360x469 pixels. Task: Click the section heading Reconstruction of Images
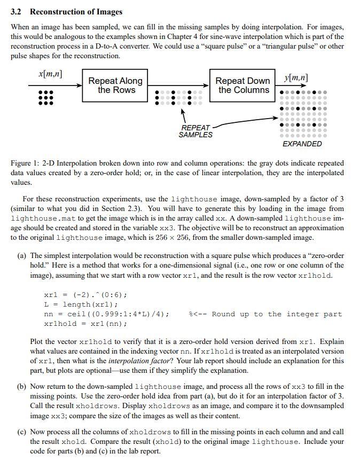[x=76, y=12]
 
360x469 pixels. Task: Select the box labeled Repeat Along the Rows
[x=115, y=85]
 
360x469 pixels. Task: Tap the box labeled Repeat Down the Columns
[x=242, y=85]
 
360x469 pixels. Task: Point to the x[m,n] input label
[x=50, y=74]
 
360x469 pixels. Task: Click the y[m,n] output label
[x=295, y=78]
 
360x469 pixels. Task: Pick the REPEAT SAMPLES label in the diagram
[x=195, y=131]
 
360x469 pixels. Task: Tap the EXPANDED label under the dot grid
[x=302, y=144]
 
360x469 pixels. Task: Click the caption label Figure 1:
[x=25, y=163]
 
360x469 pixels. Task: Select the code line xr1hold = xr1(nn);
[x=85, y=324]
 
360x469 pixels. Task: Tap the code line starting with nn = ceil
[x=106, y=314]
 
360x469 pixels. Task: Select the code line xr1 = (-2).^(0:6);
[x=85, y=295]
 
